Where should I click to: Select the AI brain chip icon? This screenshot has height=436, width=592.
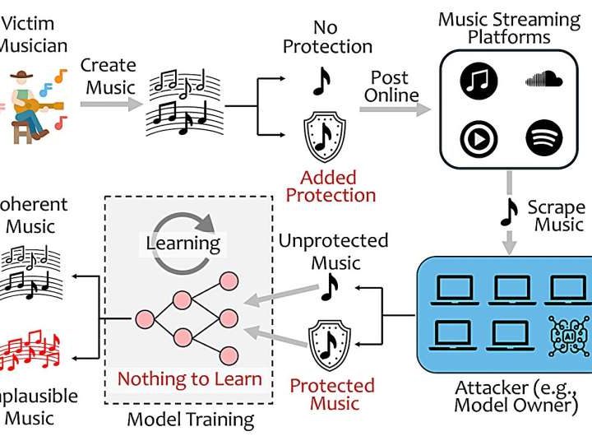tap(565, 336)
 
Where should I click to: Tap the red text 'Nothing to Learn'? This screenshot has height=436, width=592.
tap(189, 379)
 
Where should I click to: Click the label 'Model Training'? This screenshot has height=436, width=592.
tap(190, 420)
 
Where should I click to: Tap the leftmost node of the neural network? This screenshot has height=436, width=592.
tap(147, 318)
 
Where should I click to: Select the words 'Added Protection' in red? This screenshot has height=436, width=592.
tap(337, 186)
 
